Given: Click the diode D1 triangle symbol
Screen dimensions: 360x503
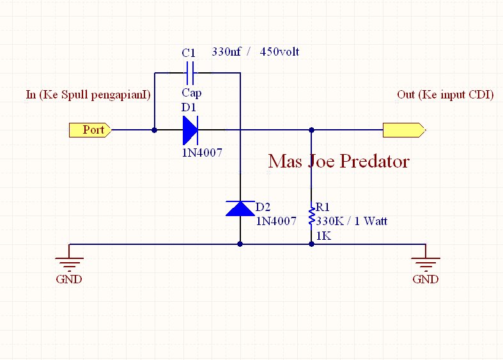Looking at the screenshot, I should [x=190, y=130].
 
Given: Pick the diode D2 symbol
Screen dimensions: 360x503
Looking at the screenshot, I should [x=240, y=208].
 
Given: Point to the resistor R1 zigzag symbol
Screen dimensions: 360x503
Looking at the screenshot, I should [x=312, y=217].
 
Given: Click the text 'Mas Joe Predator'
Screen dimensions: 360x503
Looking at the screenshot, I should [x=338, y=161].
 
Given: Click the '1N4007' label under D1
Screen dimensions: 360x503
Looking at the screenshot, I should [x=203, y=153].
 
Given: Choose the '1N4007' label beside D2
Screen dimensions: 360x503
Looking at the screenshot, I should [x=276, y=221].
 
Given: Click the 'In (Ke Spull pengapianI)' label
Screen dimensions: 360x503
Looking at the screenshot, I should [x=88, y=95].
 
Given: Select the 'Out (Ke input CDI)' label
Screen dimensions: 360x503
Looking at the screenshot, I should [x=445, y=95].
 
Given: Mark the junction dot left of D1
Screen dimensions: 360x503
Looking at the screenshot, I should [x=154, y=130].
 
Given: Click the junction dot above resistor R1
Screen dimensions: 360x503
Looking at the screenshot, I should [x=312, y=130].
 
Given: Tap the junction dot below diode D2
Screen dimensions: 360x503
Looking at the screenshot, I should [x=240, y=244].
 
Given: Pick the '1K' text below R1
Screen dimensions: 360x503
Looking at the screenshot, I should [x=323, y=235].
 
